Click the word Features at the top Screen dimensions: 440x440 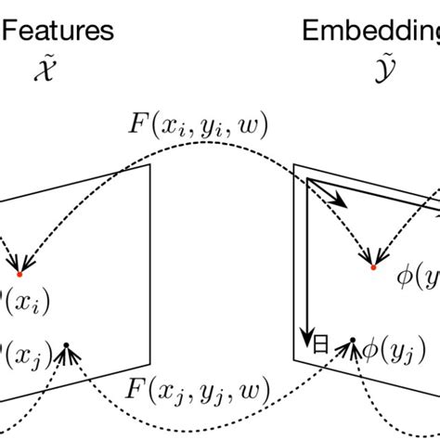click(58, 31)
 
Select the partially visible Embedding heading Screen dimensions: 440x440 click(371, 31)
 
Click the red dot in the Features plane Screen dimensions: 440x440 click(19, 274)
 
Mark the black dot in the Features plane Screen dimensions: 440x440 click(67, 347)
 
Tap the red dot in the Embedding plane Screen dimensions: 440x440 click(373, 267)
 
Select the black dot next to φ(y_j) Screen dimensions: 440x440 click(352, 340)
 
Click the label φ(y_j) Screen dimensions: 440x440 click(388, 351)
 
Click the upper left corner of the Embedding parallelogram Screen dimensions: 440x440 click(294, 165)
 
